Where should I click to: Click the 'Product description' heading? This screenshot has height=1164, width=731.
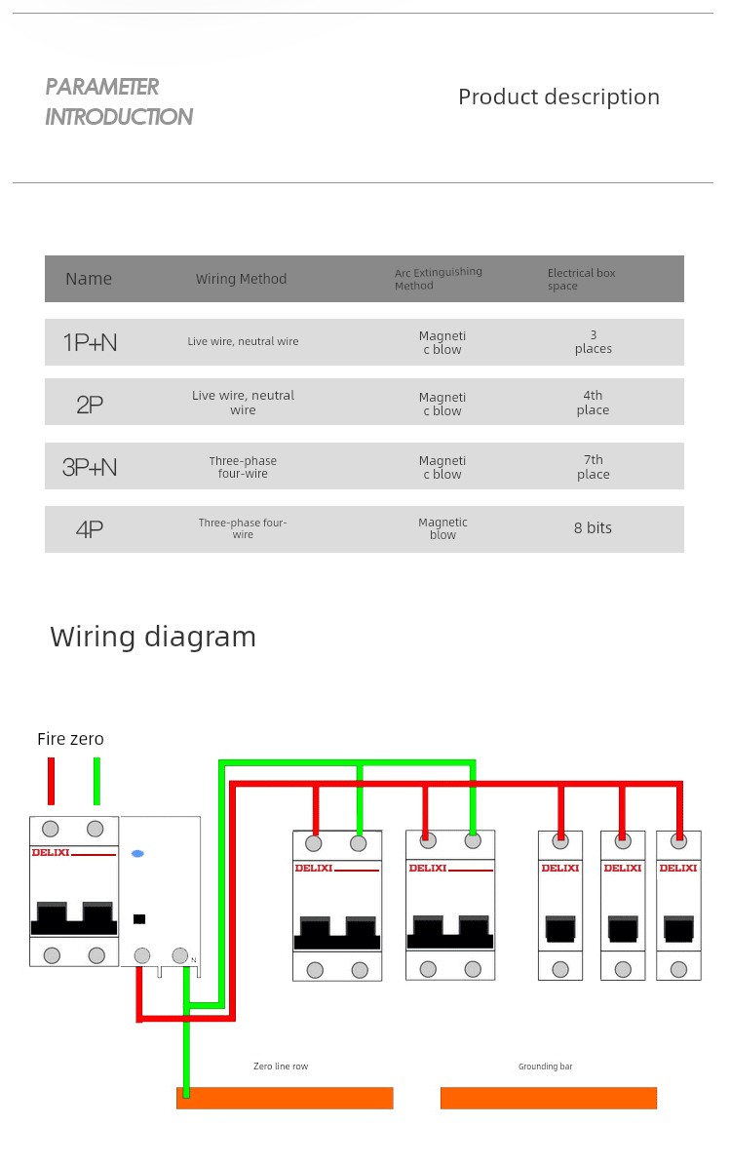click(x=558, y=97)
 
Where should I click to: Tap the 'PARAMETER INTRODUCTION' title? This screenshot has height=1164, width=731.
click(x=119, y=101)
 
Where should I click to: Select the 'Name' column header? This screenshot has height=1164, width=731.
click(x=89, y=279)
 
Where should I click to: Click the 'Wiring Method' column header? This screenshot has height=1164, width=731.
click(x=241, y=279)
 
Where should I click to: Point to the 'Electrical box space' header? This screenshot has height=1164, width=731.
click(x=581, y=279)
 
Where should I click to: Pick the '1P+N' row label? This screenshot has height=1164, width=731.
click(x=90, y=342)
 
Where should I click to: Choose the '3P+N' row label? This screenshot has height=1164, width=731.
click(x=90, y=467)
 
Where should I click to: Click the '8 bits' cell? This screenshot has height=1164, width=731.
click(x=593, y=527)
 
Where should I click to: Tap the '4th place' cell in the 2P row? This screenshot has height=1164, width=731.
click(x=593, y=403)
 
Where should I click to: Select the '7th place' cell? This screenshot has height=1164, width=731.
click(x=594, y=467)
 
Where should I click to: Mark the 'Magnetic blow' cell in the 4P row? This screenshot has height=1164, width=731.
click(x=443, y=528)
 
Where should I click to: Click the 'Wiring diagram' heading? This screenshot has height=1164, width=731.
click(x=153, y=637)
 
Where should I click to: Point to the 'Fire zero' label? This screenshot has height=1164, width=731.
click(x=70, y=739)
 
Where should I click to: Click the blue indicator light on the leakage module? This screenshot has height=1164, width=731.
click(x=137, y=854)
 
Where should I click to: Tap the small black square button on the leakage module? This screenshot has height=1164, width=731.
click(x=138, y=919)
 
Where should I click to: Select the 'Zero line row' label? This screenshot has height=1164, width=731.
click(x=281, y=1066)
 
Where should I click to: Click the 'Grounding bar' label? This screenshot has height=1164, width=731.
click(x=546, y=1067)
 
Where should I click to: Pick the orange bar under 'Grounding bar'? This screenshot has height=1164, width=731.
click(x=549, y=1098)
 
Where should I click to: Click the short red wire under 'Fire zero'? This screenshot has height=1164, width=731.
click(x=52, y=781)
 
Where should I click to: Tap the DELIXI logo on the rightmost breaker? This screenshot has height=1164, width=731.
click(x=678, y=868)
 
